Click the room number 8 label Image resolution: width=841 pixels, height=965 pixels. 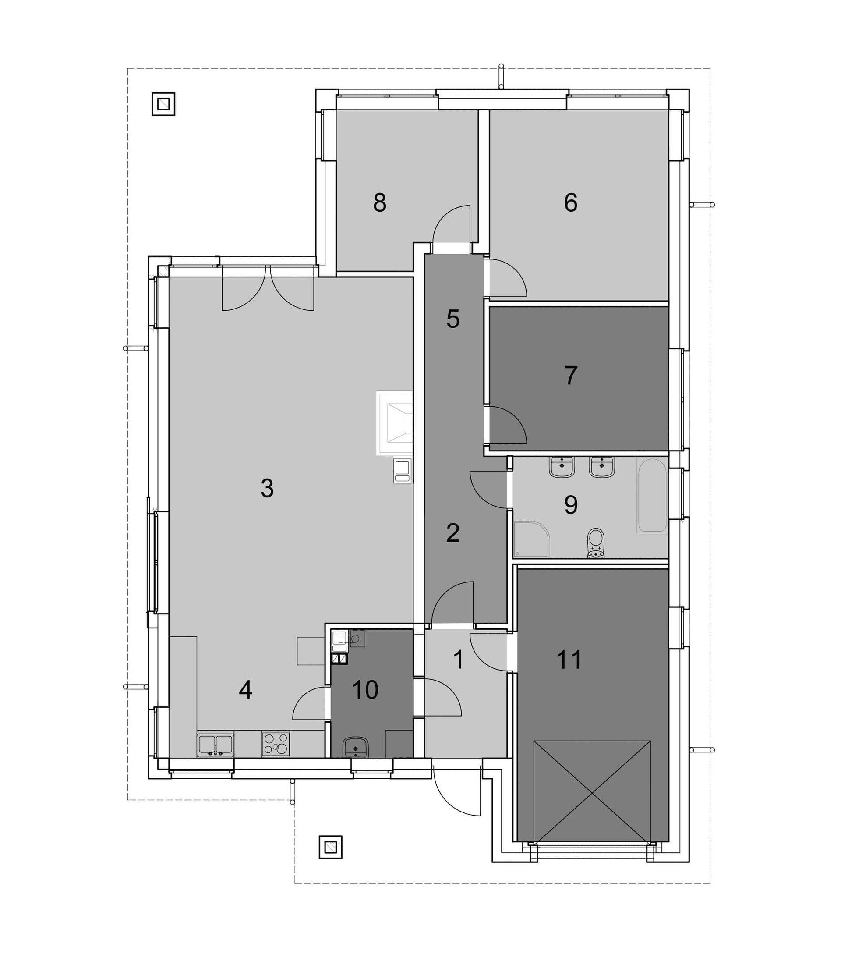tap(380, 203)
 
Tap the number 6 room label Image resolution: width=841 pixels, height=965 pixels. tap(571, 203)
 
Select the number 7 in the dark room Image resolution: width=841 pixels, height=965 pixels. tap(571, 376)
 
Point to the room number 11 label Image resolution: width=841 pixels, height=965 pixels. tap(569, 660)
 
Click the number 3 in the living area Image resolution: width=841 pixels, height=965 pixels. tap(267, 488)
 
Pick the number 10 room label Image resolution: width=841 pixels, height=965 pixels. tap(365, 690)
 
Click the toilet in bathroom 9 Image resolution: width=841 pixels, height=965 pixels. tap(596, 543)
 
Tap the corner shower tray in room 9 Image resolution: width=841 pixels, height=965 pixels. tap(531, 539)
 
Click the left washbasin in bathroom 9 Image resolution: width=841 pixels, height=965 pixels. tap(562, 468)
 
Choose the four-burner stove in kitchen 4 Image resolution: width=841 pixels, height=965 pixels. tap(276, 744)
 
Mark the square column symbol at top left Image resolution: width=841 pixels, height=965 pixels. tap(163, 104)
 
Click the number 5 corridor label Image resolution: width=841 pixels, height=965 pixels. tap(453, 319)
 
